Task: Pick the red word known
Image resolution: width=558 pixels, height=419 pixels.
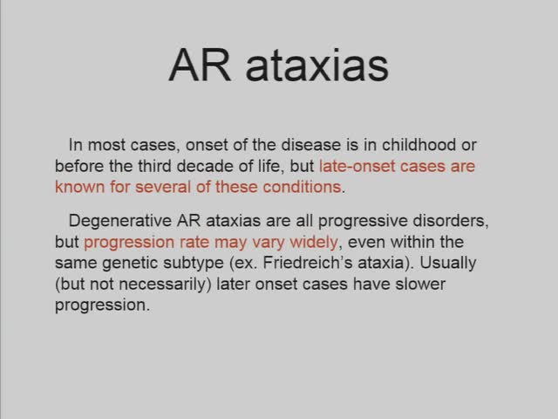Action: coord(78,187)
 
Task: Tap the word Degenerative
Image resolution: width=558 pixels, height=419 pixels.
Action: coord(121,221)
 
